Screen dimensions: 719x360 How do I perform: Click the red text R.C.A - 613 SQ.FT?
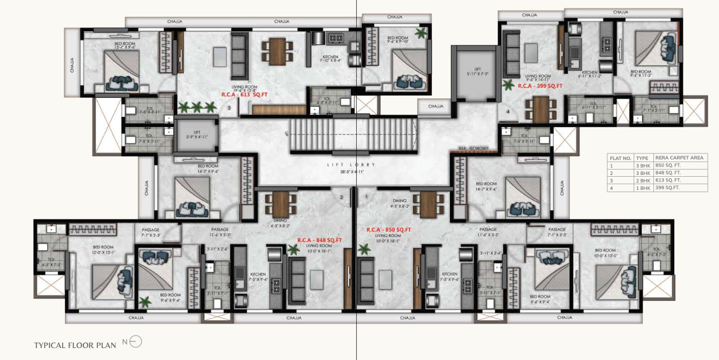(x=244, y=94)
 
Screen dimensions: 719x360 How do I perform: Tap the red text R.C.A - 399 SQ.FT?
(x=539, y=86)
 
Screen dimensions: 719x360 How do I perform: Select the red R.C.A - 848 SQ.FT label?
(x=319, y=240)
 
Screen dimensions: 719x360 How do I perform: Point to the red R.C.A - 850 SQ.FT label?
(x=388, y=229)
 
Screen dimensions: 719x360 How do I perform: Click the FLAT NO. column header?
(x=621, y=158)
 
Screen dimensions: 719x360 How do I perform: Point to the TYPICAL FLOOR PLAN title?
(x=75, y=345)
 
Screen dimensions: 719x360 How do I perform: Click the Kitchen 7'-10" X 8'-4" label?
(x=329, y=58)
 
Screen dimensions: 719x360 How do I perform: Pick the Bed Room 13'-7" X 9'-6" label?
(x=125, y=45)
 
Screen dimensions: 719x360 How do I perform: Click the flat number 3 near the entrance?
(x=229, y=108)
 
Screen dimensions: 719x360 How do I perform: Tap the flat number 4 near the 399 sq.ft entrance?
(x=508, y=111)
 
